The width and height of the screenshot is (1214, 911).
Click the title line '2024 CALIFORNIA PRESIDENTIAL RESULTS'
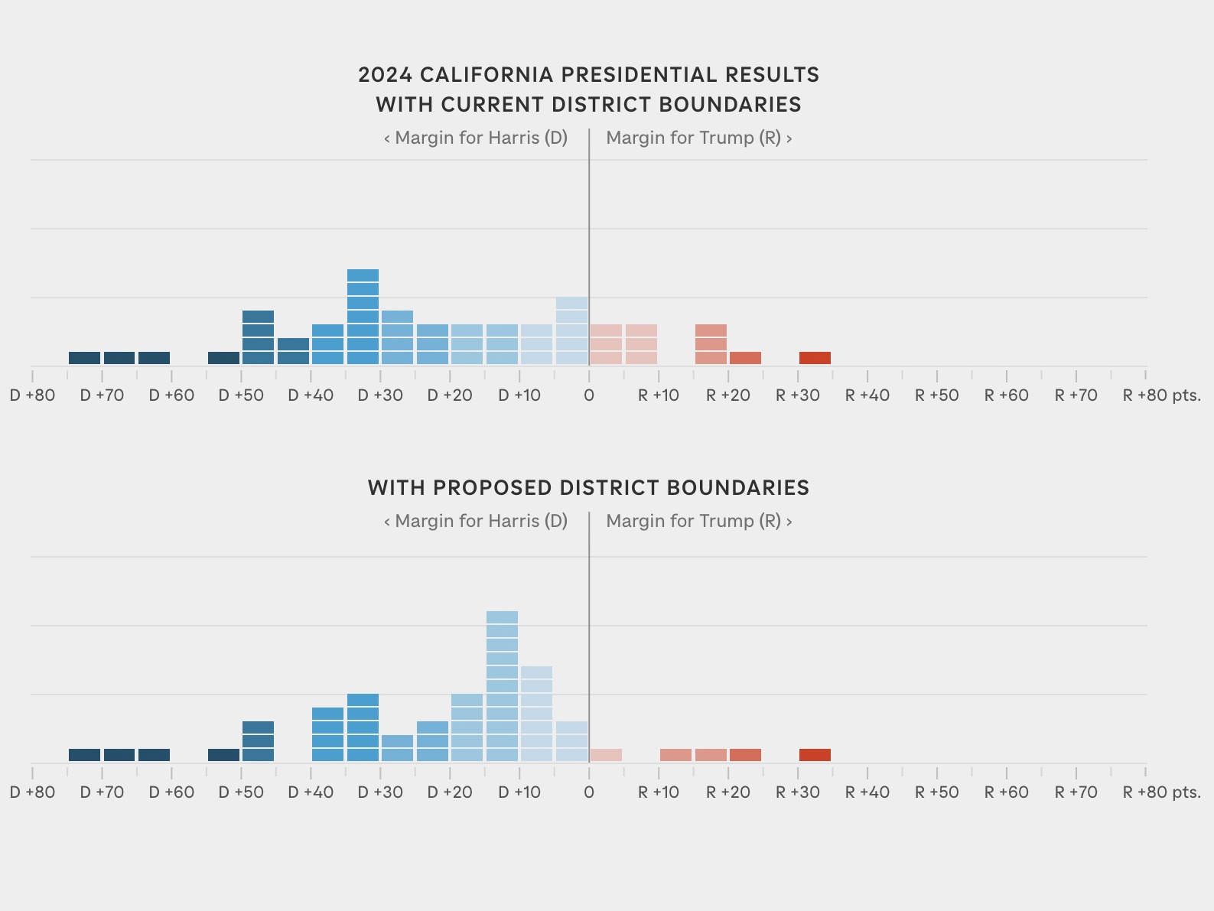(x=588, y=75)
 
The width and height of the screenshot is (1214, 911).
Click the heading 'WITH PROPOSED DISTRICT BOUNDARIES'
(x=588, y=488)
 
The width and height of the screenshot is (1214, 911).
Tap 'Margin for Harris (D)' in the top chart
(x=476, y=138)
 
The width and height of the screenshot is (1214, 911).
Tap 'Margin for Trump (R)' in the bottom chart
(x=698, y=522)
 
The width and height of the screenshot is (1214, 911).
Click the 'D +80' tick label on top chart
(x=32, y=396)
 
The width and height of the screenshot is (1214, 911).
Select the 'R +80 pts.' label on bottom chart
(x=1160, y=793)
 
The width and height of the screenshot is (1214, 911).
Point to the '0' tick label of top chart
(x=588, y=396)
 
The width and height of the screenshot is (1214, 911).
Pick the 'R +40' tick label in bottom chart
(x=867, y=793)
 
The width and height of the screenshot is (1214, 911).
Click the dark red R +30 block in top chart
(x=815, y=358)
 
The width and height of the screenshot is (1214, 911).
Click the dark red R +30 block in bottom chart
(x=815, y=755)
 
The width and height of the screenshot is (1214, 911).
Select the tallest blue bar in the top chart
(x=363, y=317)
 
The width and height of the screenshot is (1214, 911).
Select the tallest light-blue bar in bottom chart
(x=502, y=686)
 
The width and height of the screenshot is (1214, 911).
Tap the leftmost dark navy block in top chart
(x=84, y=358)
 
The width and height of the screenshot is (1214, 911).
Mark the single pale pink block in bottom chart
(x=606, y=755)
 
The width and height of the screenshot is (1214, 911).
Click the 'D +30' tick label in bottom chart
(x=380, y=793)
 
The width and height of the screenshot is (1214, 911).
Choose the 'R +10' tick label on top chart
(x=658, y=396)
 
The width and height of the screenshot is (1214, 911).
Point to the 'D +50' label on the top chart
(x=241, y=396)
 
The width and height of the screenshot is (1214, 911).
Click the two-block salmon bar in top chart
(x=711, y=344)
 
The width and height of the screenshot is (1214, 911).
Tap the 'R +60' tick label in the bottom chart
(x=1006, y=793)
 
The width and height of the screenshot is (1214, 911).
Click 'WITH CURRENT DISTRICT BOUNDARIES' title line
(x=588, y=105)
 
